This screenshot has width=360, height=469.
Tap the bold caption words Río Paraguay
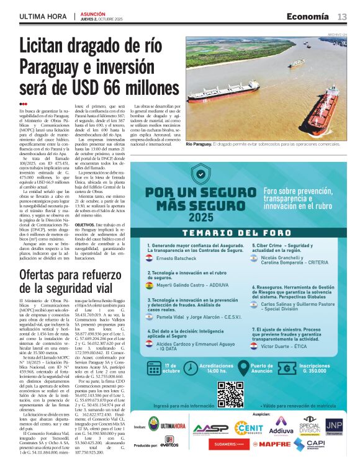pos(199,144)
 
